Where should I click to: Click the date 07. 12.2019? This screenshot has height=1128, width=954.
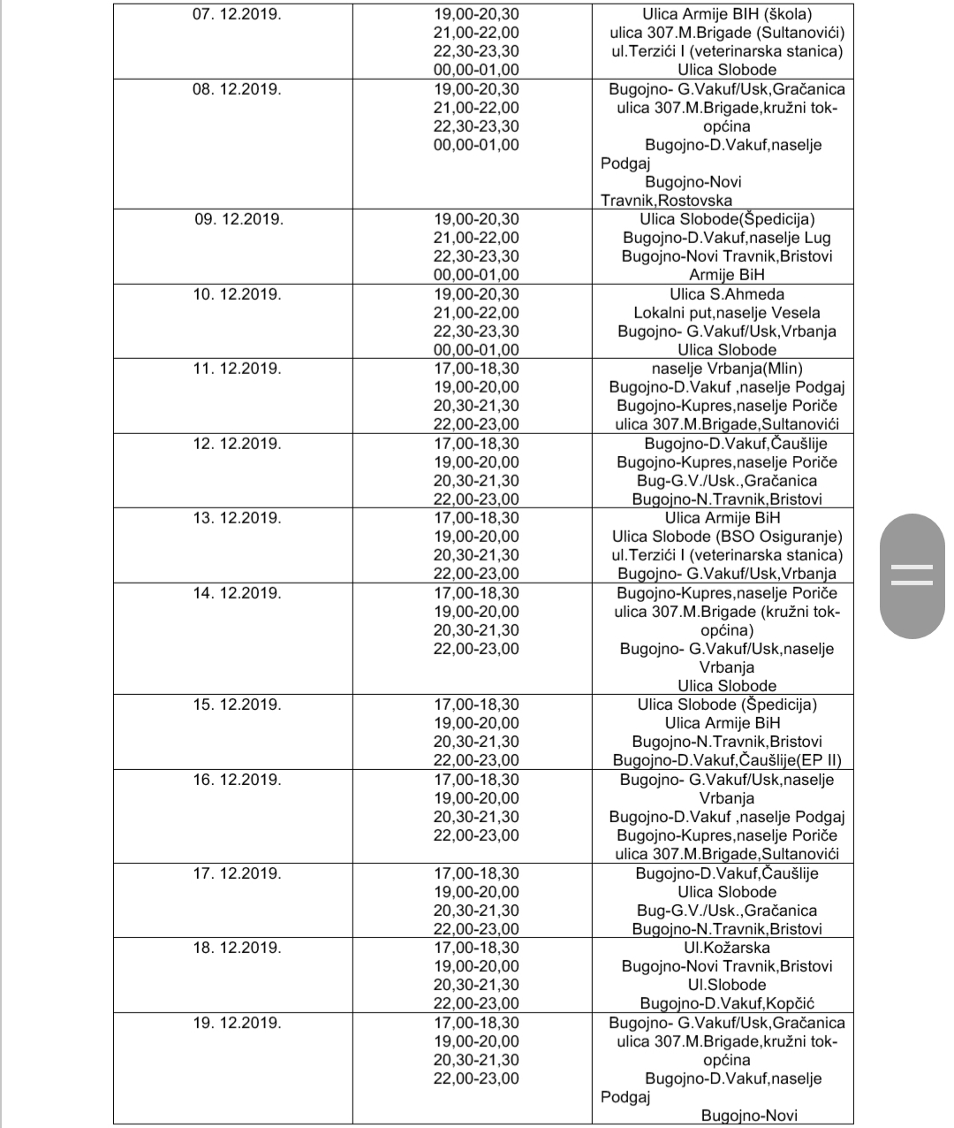[237, 14]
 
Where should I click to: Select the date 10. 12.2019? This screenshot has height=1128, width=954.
[238, 294]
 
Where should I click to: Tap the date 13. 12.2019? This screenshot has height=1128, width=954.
[238, 518]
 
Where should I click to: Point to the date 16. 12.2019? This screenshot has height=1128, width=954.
[238, 780]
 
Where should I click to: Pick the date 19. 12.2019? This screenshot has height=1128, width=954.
[238, 1023]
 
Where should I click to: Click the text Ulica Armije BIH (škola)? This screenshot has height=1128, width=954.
[727, 14]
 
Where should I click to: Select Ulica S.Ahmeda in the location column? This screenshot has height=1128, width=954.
[727, 294]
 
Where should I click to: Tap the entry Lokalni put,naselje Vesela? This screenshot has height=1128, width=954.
[727, 313]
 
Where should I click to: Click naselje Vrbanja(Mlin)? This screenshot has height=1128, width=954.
[727, 369]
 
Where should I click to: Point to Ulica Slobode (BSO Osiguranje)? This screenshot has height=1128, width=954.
[727, 537]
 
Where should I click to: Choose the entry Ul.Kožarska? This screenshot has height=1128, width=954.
[727, 948]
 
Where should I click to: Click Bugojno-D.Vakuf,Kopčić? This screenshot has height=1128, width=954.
[727, 1003]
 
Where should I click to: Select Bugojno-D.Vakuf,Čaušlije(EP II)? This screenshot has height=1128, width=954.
[727, 760]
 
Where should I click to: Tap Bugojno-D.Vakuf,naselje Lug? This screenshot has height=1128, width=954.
[727, 238]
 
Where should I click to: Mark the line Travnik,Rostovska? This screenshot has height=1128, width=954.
[666, 201]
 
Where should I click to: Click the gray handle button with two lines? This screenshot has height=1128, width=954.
[912, 575]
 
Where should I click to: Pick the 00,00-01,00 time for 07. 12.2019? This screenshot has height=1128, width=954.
[476, 70]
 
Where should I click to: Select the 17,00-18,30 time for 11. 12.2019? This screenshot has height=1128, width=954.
[476, 369]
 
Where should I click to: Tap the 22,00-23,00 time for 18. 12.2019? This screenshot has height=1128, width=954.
[476, 1003]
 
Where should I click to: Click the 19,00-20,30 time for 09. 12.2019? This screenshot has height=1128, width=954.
[476, 219]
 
